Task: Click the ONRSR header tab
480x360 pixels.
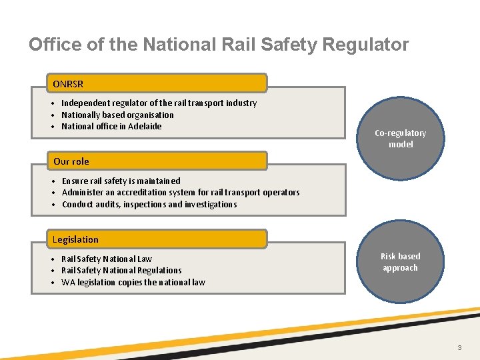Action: (157, 83)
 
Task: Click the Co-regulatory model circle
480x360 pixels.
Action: (400, 139)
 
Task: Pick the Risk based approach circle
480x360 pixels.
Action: (400, 262)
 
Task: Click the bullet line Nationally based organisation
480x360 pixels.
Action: (117, 115)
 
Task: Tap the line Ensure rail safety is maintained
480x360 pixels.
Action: (121, 181)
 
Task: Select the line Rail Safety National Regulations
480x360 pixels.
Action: (121, 270)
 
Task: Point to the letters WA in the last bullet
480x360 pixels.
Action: (68, 282)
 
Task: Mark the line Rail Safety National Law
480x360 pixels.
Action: (107, 259)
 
